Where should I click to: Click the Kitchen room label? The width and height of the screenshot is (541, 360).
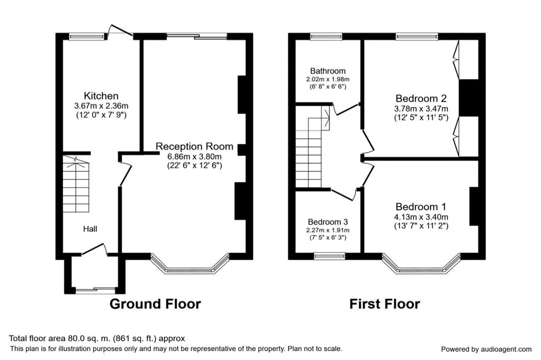coord(101,96)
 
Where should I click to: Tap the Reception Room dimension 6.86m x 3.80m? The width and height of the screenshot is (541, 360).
coord(195,157)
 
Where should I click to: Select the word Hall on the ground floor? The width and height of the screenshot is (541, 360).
coord(90,229)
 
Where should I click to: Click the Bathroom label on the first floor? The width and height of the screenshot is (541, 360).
coord(328,71)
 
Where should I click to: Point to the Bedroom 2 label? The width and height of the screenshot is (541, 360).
coord(421,99)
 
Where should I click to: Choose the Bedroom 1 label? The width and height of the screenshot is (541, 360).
coord(421,207)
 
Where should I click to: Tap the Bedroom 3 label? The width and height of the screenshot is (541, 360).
coord(328,222)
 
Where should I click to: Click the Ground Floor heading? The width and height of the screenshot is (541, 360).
coord(155,304)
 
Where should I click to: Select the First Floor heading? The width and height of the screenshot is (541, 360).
coord(385,304)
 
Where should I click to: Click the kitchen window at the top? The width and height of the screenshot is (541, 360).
coord(86,37)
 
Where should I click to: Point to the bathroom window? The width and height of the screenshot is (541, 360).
coord(326,37)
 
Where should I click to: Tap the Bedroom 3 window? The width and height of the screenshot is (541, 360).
coord(330,256)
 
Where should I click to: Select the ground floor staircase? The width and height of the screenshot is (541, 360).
coord(76,184)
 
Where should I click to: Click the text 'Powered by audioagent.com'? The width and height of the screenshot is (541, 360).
coord(486,349)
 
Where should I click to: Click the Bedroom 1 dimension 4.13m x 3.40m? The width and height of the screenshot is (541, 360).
coord(421,217)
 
